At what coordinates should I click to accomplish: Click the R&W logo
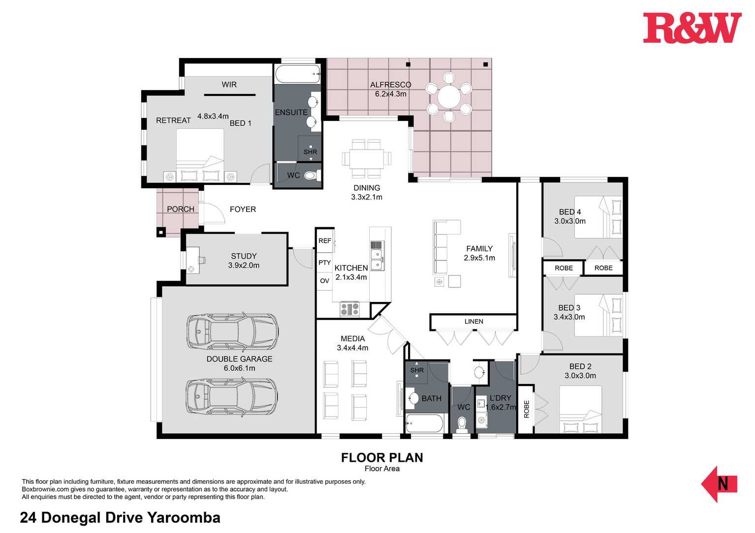(x=692, y=28)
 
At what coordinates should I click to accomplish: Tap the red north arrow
(x=719, y=484)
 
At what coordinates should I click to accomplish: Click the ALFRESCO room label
(x=391, y=85)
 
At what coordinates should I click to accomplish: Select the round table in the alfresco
(x=448, y=97)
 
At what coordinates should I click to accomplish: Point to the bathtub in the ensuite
(x=297, y=74)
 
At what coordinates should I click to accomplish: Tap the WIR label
(x=229, y=85)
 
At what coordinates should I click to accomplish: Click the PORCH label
(x=181, y=209)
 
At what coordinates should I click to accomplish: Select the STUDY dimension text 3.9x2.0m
(x=244, y=266)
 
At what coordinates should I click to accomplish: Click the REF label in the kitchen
(x=324, y=241)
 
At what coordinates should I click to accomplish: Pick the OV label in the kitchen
(x=324, y=281)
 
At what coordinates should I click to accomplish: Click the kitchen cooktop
(x=350, y=309)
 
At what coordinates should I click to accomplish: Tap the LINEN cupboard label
(x=473, y=322)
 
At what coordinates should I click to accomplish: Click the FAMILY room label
(x=479, y=249)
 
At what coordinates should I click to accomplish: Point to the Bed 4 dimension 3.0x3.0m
(x=570, y=221)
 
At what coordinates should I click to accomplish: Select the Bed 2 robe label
(x=527, y=409)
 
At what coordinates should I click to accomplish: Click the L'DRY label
(x=500, y=398)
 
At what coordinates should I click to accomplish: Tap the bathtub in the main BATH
(x=424, y=423)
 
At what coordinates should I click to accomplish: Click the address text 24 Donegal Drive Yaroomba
(x=120, y=518)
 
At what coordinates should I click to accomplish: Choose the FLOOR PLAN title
(x=382, y=458)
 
